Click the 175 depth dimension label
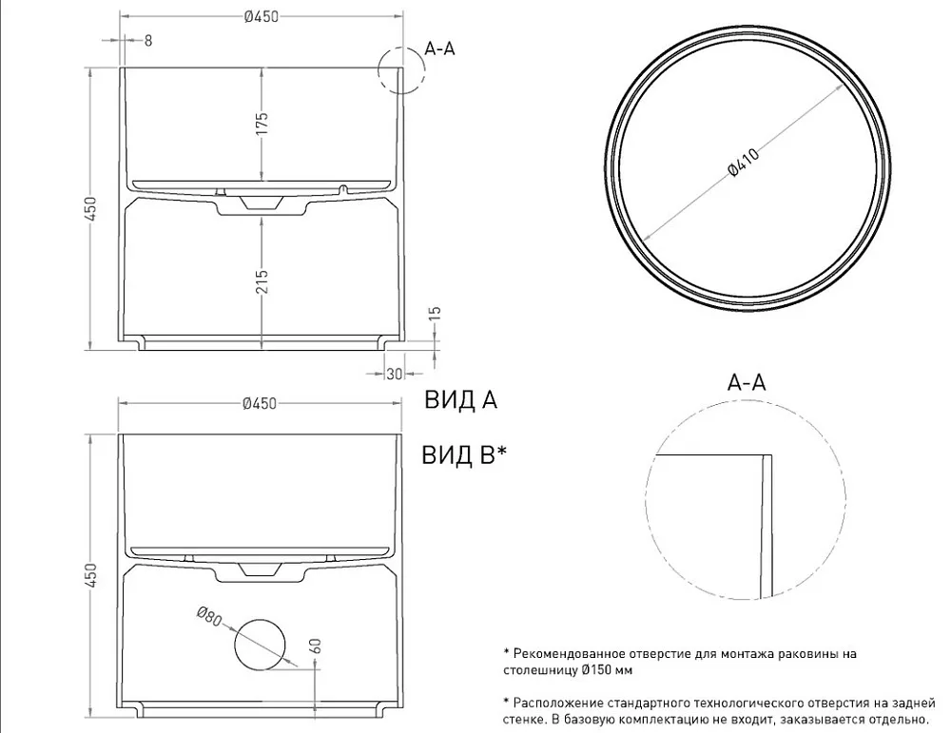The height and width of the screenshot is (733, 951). coord(262,124)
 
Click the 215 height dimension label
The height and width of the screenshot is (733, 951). coord(262,281)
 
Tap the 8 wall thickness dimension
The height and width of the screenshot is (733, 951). coord(148,41)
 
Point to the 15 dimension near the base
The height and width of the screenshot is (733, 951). coord(435,314)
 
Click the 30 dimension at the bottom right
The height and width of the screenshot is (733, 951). coord(395,374)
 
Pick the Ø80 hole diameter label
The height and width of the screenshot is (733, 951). coord(209,616)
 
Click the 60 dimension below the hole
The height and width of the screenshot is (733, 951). coord(316,646)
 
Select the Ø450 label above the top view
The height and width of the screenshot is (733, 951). coord(262,16)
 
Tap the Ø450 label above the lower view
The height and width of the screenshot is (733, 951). coord(260,403)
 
